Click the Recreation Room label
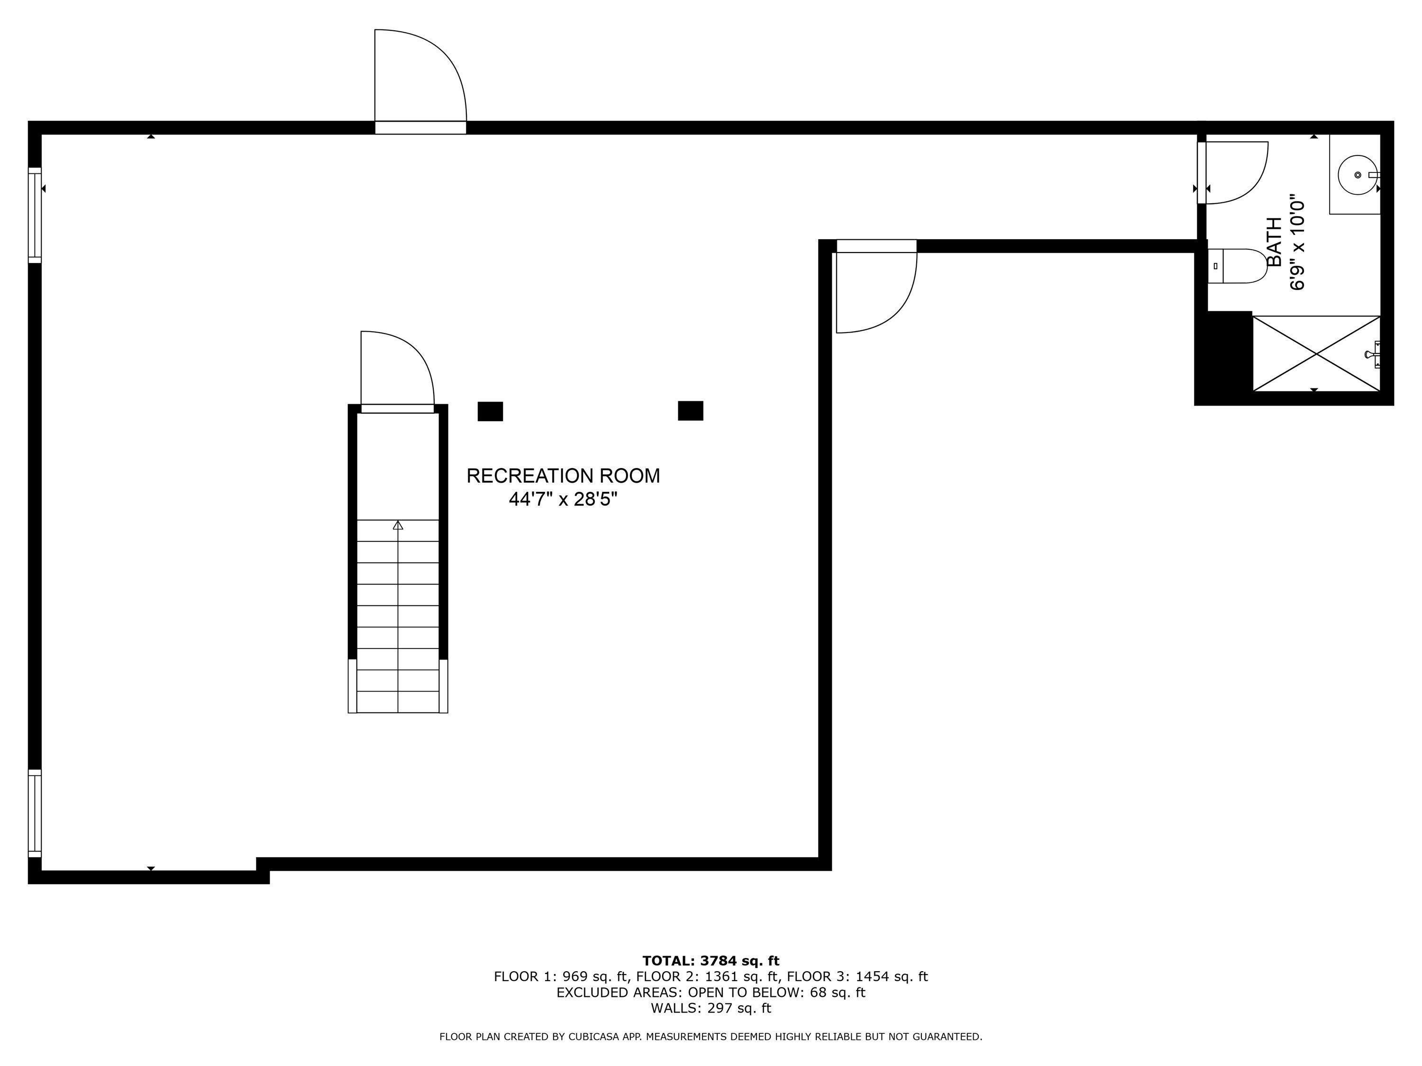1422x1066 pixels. [x=563, y=476]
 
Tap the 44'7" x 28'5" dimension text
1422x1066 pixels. [x=563, y=499]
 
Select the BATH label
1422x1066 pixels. [x=1274, y=242]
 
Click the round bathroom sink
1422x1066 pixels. [x=1357, y=175]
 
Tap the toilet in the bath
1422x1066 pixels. [x=1238, y=266]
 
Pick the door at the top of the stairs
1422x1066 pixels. [x=397, y=371]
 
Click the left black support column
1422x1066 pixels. [x=490, y=411]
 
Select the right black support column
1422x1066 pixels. [x=691, y=411]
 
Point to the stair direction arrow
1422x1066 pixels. [x=398, y=525]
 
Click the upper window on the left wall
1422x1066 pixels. [x=35, y=215]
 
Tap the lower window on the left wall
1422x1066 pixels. [x=35, y=813]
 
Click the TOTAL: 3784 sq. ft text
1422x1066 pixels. [x=711, y=961]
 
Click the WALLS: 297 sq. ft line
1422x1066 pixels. [x=711, y=1008]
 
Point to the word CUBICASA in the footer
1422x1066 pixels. [x=597, y=1037]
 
